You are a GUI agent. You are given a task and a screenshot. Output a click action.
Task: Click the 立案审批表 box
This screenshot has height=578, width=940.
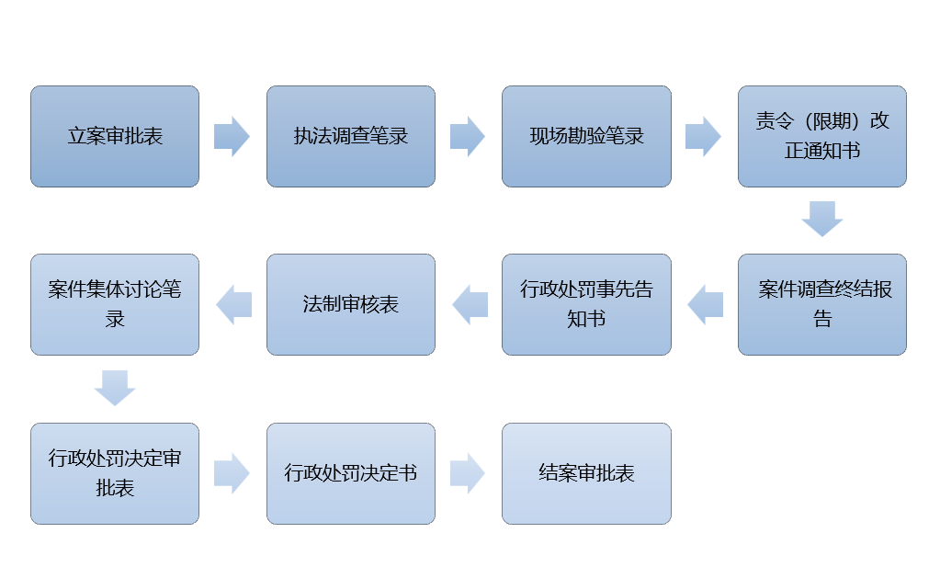tap(115, 136)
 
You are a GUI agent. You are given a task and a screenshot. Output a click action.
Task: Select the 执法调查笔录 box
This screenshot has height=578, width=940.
tap(351, 136)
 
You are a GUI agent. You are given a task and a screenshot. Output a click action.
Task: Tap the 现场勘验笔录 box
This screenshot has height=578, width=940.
tap(586, 136)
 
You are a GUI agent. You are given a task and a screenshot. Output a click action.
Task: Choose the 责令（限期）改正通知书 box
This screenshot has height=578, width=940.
tap(821, 136)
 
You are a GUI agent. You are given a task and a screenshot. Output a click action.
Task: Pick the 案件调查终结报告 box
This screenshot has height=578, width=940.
tap(821, 304)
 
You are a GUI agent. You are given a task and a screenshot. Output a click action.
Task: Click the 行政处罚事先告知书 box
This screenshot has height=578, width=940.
tap(586, 304)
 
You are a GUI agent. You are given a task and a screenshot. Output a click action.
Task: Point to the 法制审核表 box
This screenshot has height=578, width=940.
tap(351, 304)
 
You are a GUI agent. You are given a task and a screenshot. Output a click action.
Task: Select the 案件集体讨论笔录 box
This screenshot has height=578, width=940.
tap(115, 304)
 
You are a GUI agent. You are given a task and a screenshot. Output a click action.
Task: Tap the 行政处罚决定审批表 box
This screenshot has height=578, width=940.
tap(115, 473)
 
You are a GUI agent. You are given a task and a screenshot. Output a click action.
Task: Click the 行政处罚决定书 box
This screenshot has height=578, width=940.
tap(351, 473)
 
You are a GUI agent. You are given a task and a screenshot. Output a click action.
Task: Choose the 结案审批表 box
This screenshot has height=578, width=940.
tap(586, 473)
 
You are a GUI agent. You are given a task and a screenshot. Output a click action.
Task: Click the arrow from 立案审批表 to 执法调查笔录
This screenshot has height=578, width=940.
tap(232, 136)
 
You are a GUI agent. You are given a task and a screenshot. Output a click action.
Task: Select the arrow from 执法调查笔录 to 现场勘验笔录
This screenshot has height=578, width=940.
tap(468, 136)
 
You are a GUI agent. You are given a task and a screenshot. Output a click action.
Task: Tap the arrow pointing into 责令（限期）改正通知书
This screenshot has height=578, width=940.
tap(703, 136)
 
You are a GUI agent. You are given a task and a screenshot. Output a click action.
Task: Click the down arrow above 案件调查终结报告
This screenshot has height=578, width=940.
tap(821, 219)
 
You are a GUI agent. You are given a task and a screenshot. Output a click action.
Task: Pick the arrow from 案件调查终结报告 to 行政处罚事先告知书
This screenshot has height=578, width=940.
tap(705, 304)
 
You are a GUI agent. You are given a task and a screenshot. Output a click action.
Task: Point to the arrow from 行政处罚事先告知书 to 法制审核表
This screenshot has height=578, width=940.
tap(470, 304)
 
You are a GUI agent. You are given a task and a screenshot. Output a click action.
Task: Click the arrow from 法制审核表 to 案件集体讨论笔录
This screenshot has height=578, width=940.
tap(233, 304)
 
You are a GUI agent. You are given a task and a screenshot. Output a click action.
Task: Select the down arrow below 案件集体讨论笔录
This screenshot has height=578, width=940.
tap(115, 388)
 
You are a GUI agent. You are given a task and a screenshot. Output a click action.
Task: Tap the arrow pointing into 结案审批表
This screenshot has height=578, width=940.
tap(468, 473)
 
